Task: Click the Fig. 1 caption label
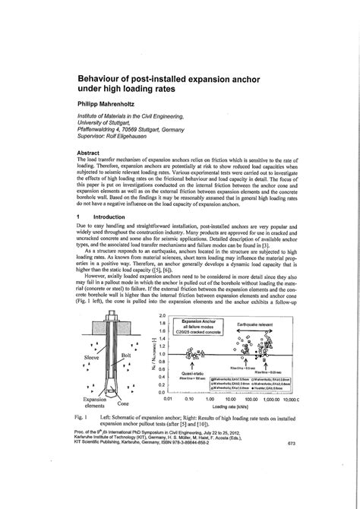click(x=84, y=418)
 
